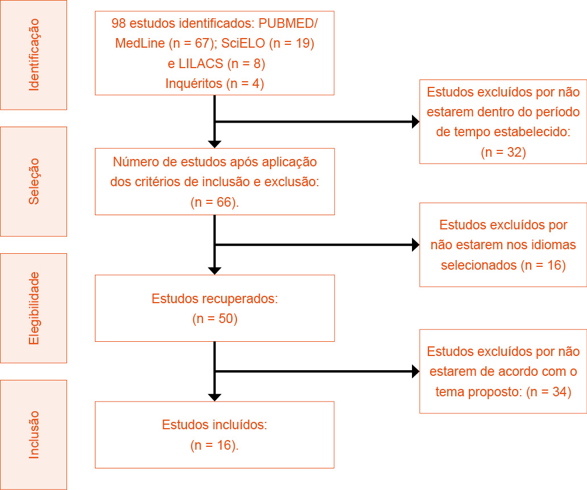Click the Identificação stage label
34,55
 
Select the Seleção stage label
34,181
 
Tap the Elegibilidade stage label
34,308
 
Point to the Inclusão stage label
34,434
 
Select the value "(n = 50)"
215,319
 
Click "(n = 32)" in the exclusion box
503,152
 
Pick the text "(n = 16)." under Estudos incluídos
215,445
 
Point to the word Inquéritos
194,83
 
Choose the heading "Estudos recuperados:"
215,299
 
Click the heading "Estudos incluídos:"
215,425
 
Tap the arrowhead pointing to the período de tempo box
415,122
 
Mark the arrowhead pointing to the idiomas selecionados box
415,245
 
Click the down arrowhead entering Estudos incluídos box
215,396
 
